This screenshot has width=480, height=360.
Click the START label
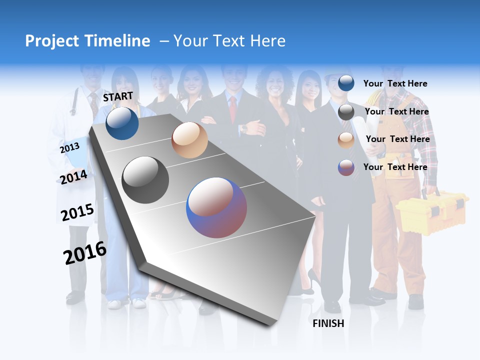pos(118,97)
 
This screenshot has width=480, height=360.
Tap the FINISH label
pos(328,323)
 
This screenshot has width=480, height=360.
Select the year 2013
pos(69,148)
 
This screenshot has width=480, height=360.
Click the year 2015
pos(77,212)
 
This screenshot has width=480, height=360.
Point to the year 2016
pos(85,253)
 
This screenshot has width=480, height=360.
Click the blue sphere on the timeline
pos(122,123)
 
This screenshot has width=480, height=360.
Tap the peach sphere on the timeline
pos(189,140)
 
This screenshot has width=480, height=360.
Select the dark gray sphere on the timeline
pos(145,180)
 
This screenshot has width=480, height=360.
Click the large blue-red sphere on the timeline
pos(216,207)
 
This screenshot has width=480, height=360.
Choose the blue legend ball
pos(346,83)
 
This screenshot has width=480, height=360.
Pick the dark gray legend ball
pos(346,112)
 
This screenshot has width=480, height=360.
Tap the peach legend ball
pos(346,140)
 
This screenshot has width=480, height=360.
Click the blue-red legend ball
pos(346,167)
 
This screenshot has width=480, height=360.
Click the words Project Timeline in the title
pos(87,41)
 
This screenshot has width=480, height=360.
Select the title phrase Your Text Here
pos(229,41)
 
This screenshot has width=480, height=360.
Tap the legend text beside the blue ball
pos(395,83)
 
